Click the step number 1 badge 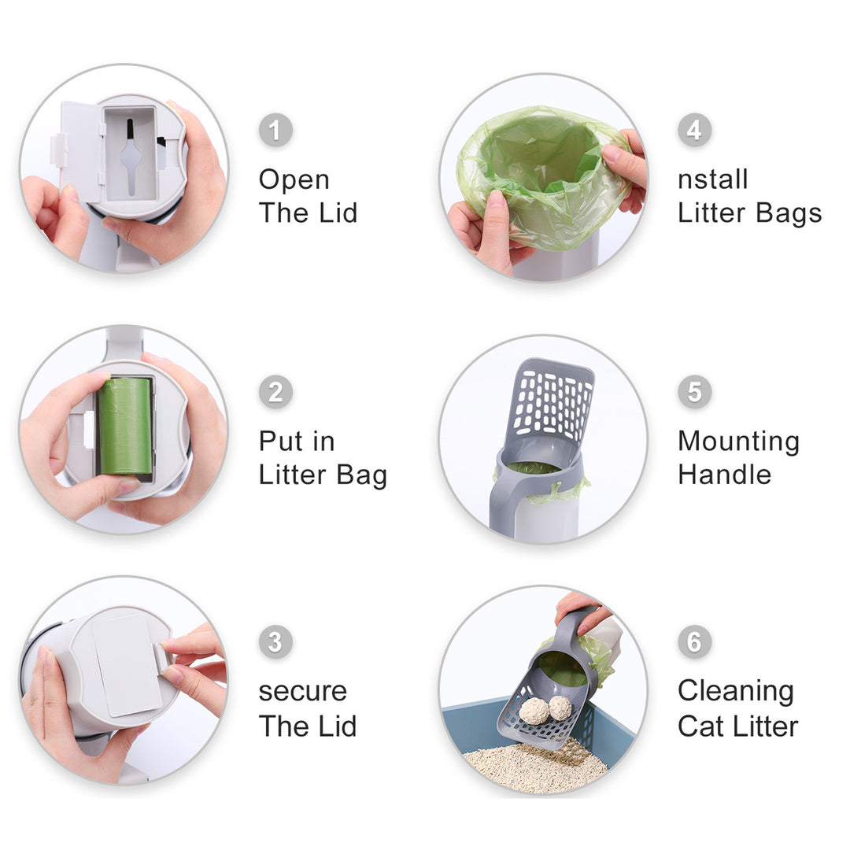click(275, 130)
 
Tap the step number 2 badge click(275, 392)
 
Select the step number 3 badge click(275, 642)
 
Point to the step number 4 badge click(694, 130)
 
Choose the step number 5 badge click(694, 392)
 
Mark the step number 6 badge click(694, 642)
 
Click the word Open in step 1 click(294, 180)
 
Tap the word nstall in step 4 click(713, 179)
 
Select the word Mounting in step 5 click(739, 442)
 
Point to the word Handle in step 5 click(725, 475)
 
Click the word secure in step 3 click(302, 692)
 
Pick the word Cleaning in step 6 click(736, 692)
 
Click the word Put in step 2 click(280, 441)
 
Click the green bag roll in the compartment click(125, 426)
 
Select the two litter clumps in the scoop click(545, 710)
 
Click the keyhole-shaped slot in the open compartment click(130, 157)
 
